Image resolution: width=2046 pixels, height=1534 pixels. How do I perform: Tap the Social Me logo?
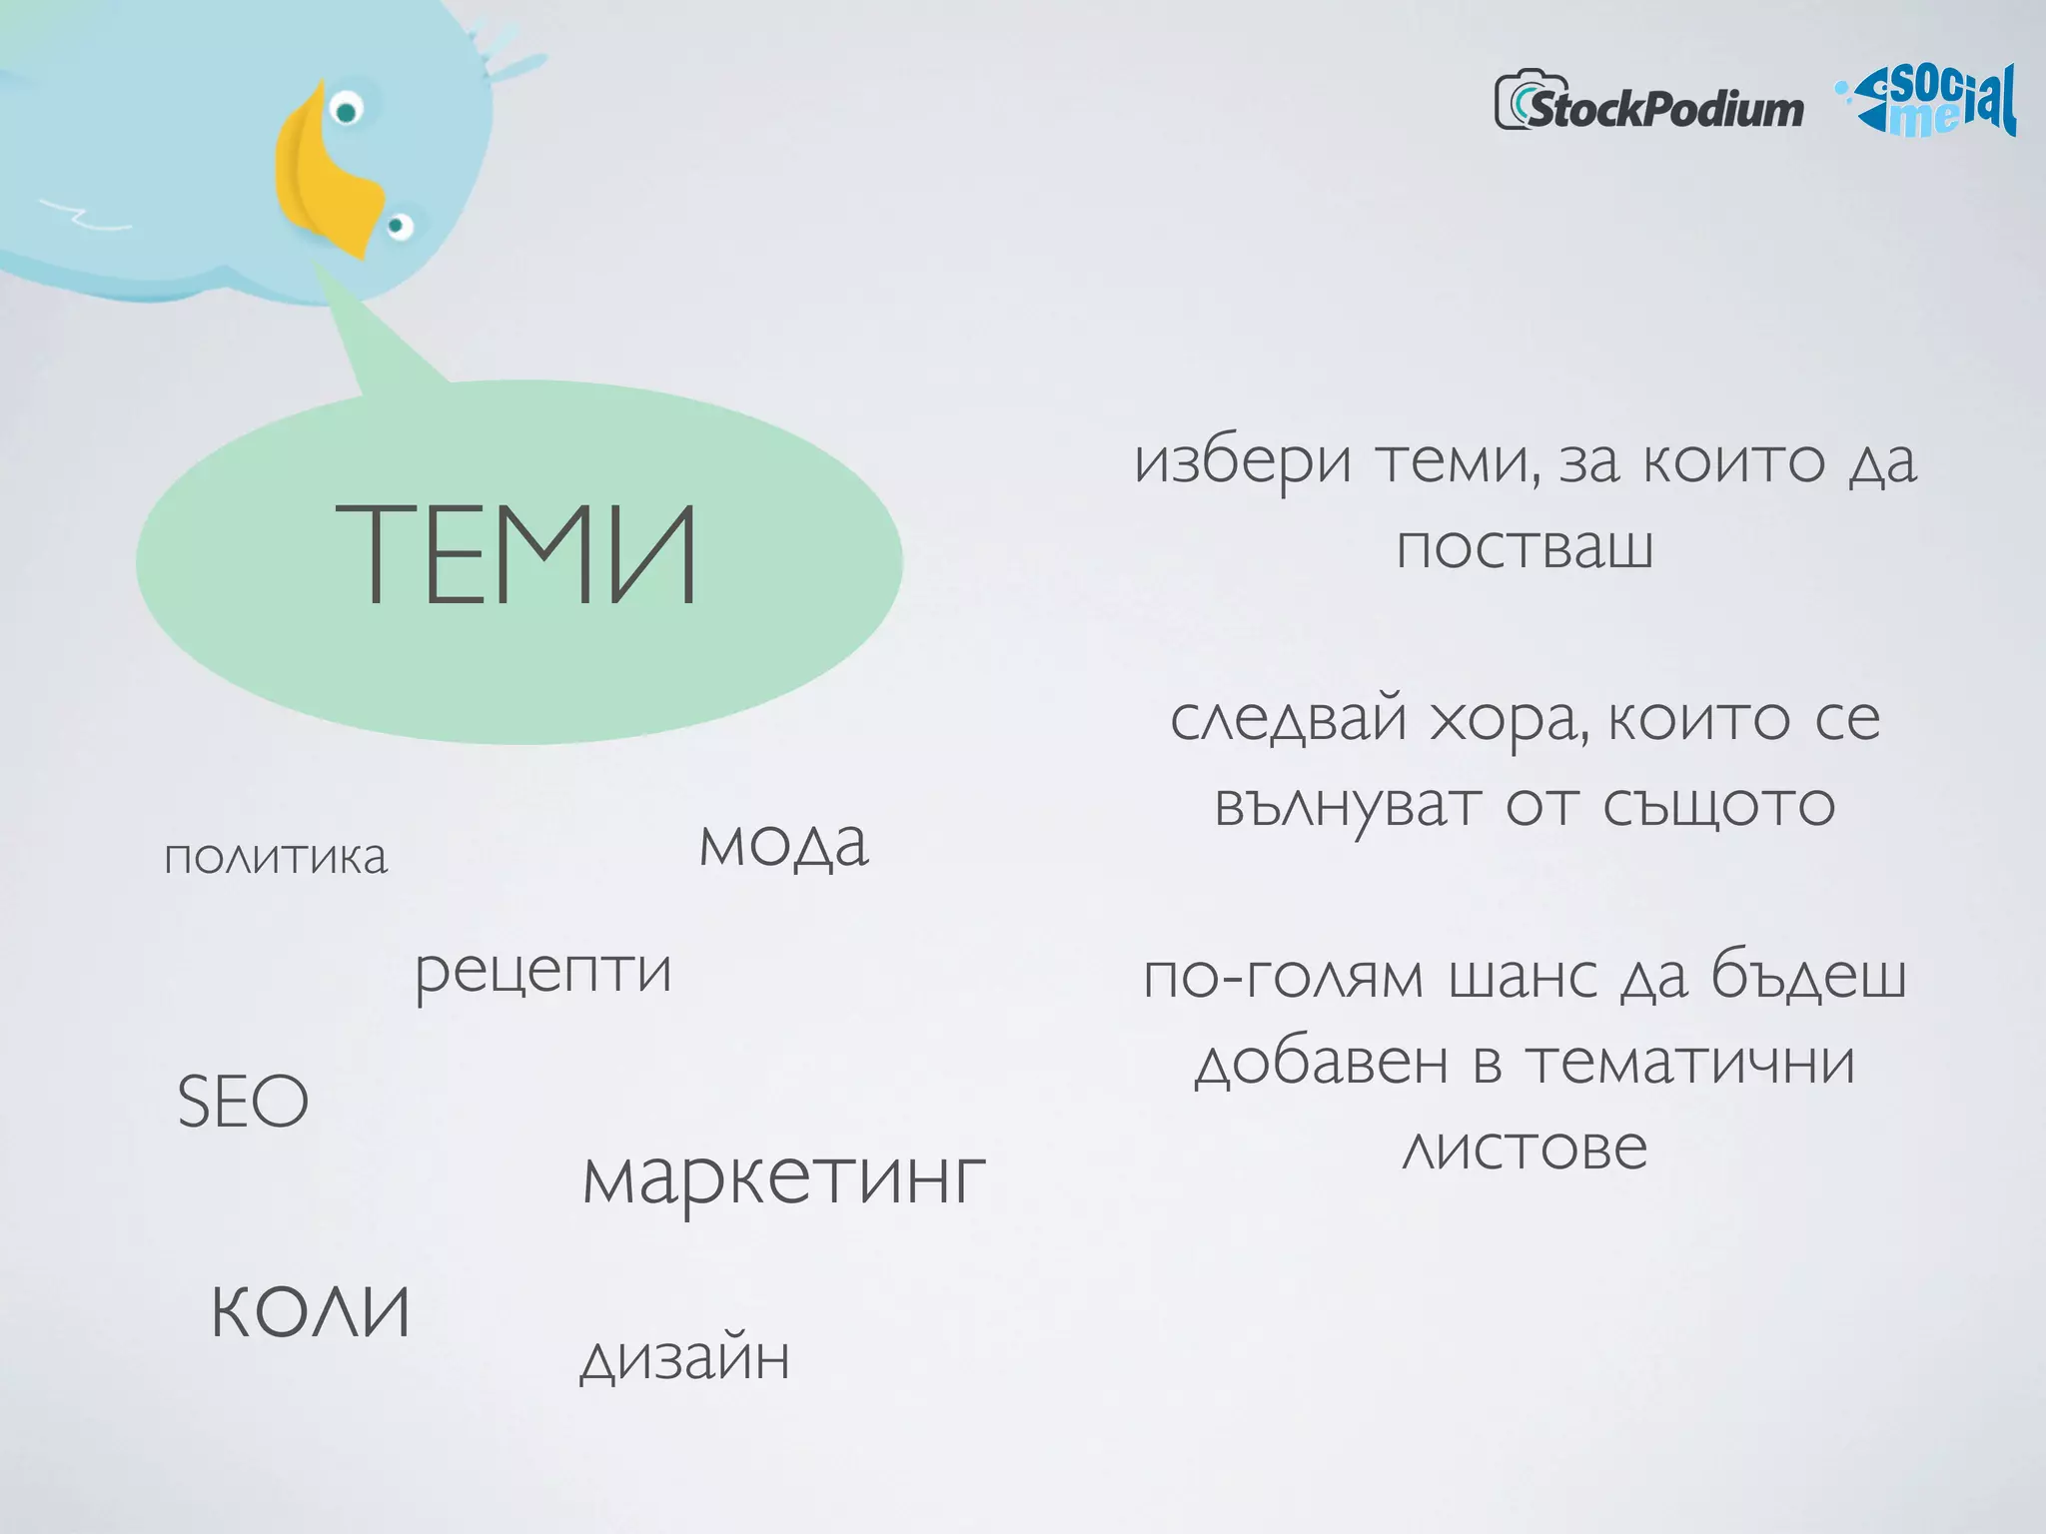(x=1929, y=102)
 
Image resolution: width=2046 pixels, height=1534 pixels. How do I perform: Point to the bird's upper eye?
(x=347, y=109)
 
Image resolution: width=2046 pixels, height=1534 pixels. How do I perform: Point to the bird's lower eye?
(x=399, y=226)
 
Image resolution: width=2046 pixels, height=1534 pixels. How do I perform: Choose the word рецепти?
(x=543, y=972)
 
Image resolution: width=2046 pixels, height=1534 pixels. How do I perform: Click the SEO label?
(x=243, y=1102)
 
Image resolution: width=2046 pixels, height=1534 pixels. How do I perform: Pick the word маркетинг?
(x=784, y=1178)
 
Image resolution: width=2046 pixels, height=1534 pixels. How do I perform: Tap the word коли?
(x=311, y=1310)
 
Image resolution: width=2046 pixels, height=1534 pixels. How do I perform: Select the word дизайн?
(x=685, y=1358)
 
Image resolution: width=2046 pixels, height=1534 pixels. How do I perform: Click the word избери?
(x=1243, y=463)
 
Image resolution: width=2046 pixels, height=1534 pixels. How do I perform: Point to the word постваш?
(x=1525, y=547)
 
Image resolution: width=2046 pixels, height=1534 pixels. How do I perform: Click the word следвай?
(x=1289, y=720)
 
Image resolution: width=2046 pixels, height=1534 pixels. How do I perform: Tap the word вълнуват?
(x=1347, y=805)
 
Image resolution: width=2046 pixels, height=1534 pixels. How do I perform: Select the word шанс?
(x=1522, y=977)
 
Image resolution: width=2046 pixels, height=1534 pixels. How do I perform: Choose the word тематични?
(x=1690, y=1062)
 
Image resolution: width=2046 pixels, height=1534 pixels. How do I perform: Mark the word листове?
(x=1525, y=1149)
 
